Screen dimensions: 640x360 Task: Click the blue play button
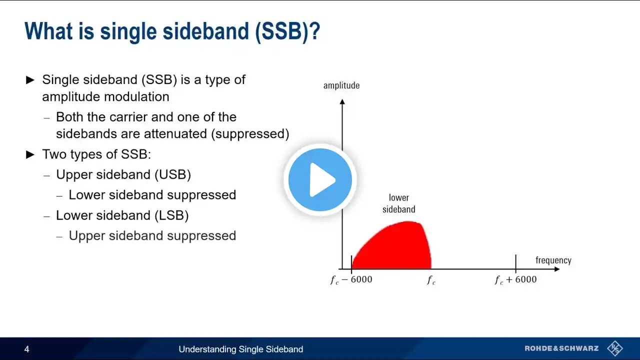[320, 179]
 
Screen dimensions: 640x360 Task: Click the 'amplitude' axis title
[341, 85]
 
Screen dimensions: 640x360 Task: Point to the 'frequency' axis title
[553, 260]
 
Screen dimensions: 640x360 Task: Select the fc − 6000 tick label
[351, 279]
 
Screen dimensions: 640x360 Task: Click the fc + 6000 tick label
[515, 279]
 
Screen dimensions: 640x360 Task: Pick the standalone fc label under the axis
[431, 280]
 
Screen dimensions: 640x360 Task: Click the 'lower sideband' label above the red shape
[399, 203]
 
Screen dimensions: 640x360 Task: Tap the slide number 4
[27, 349]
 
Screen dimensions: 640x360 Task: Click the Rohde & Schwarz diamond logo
[615, 348]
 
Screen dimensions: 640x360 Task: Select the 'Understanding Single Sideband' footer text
[241, 349]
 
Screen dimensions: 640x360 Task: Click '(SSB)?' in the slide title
[287, 31]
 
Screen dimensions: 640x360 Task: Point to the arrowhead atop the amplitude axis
[342, 101]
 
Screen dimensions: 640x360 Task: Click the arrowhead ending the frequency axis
[557, 269]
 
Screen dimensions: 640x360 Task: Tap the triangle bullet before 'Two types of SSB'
[30, 155]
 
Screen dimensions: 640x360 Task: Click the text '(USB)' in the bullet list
[173, 174]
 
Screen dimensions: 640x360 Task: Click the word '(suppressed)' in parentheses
[250, 134]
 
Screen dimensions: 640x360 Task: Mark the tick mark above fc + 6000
[515, 263]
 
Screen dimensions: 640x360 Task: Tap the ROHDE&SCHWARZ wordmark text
[561, 348]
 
